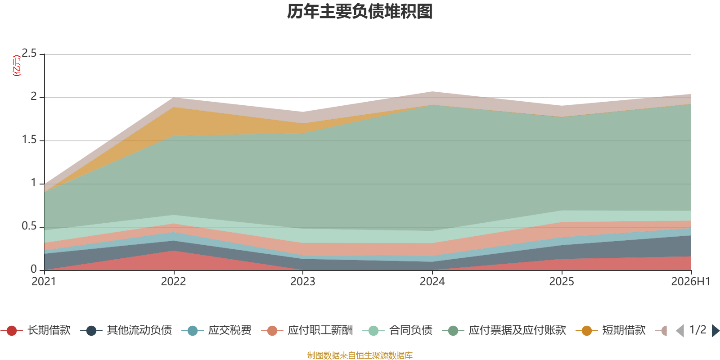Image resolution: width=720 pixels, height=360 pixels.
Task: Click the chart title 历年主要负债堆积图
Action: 360,12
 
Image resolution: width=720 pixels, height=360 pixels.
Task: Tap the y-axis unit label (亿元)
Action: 16,66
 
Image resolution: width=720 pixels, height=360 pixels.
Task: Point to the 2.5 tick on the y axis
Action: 29,54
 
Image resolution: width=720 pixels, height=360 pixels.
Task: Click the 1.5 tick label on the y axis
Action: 29,140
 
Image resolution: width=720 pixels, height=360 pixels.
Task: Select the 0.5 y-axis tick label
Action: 29,226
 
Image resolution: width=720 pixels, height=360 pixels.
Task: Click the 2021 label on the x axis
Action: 44,282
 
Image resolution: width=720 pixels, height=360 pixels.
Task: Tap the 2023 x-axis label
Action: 303,282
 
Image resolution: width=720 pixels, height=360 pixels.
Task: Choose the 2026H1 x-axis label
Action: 690,282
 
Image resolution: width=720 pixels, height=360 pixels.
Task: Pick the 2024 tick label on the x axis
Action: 432,282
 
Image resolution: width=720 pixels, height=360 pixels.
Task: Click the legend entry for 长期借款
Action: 36,330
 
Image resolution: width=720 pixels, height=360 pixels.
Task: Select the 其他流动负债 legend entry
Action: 126,330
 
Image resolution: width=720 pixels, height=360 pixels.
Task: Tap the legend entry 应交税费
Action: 216,330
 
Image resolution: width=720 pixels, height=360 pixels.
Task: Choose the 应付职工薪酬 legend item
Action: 307,330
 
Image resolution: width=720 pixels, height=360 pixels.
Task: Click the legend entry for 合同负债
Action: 397,330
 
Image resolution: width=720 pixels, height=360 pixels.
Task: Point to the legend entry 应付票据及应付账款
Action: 504,330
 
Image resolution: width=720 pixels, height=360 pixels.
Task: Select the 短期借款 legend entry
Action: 611,330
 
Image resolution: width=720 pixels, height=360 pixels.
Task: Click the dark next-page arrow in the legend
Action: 715,331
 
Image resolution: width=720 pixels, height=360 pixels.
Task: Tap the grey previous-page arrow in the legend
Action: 680,331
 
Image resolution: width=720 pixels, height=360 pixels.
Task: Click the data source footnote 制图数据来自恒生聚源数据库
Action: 360,355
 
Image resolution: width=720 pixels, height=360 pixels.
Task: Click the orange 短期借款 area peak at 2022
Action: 174,108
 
